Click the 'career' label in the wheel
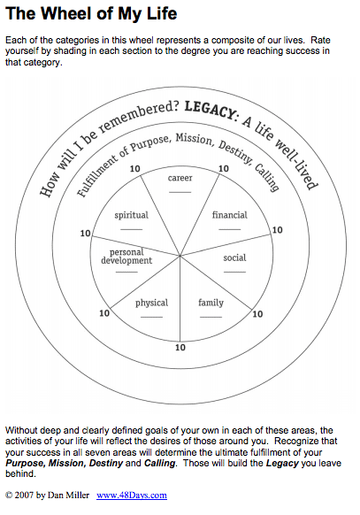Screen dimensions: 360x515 tap(180, 178)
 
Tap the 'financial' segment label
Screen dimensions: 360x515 tap(229, 215)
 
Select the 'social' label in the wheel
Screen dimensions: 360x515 tap(234, 257)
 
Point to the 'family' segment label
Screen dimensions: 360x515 tap(211, 303)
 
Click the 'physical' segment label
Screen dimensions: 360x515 tap(151, 303)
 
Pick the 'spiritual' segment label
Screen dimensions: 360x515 tap(131, 215)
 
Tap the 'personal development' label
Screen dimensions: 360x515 tap(126, 257)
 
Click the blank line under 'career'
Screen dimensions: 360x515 tap(180, 192)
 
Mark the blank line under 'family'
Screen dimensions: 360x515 tap(211, 318)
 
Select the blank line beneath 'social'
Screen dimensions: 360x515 tap(234, 273)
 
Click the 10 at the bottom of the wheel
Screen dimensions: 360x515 tap(180, 348)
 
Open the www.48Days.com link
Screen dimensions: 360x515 tap(132, 495)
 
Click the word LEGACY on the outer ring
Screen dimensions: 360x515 tap(210, 111)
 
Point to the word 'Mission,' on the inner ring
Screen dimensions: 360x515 tap(195, 139)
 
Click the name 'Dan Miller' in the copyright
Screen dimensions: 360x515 tap(68, 495)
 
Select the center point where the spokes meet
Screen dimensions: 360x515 tap(180, 255)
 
